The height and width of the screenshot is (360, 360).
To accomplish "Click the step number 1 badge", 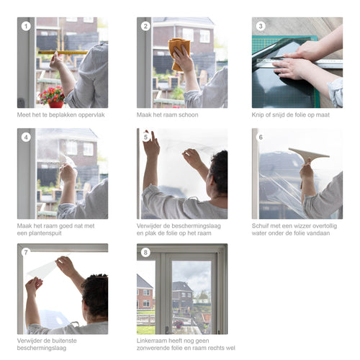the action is coord(26,26).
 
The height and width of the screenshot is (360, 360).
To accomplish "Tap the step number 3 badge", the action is coord(261,26).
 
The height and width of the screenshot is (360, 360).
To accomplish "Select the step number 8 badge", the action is coord(145,253).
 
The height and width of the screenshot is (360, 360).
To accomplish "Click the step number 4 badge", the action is coord(26,138).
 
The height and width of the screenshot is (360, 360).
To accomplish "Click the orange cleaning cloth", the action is coord(179,54).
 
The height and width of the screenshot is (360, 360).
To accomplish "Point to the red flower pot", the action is coord(56,104).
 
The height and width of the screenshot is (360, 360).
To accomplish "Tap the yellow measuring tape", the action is coord(63,53).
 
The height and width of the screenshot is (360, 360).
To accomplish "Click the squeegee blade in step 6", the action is coord(309,153).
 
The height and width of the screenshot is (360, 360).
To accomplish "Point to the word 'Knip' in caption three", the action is coord(258,115).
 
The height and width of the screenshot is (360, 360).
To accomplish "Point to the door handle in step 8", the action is coord(166,329).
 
